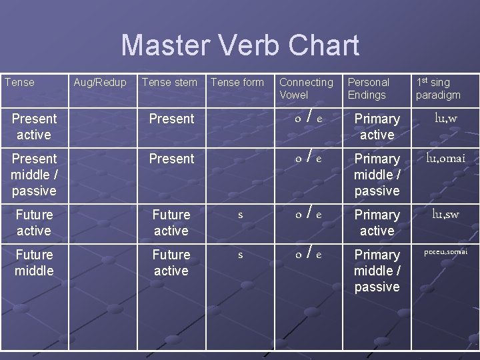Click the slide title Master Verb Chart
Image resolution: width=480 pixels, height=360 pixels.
pos(240,46)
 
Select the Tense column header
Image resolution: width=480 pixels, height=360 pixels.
pos(19,82)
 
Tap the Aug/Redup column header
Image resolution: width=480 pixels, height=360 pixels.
pos(99,82)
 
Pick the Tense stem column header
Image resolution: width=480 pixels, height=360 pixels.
pos(169,82)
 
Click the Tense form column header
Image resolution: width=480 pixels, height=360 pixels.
pos(237,82)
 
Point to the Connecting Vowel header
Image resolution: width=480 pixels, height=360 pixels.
pos(305,88)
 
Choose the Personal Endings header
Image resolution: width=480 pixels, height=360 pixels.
pos(368,88)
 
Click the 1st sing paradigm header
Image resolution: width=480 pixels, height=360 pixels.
pos(437,88)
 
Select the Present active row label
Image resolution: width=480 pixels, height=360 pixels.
pos(34,127)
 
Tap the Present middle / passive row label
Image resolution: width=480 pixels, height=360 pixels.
pos(34,175)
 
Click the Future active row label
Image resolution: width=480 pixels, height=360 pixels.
pos(34,223)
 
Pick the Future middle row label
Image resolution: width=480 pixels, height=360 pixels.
pos(34,263)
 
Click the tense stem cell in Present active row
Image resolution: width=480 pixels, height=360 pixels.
pos(171,119)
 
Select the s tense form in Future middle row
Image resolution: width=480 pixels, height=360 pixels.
pos(240,255)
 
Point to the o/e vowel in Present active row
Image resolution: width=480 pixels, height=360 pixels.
pos(309,119)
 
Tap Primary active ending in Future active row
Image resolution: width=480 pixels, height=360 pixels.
pos(377,223)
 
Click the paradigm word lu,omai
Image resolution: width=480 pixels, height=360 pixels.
pos(445,158)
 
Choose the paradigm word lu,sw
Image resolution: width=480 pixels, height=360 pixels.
pos(445,214)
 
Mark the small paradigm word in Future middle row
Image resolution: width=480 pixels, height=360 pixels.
pos(445,252)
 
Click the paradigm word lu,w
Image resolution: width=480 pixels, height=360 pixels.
pos(445,118)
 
